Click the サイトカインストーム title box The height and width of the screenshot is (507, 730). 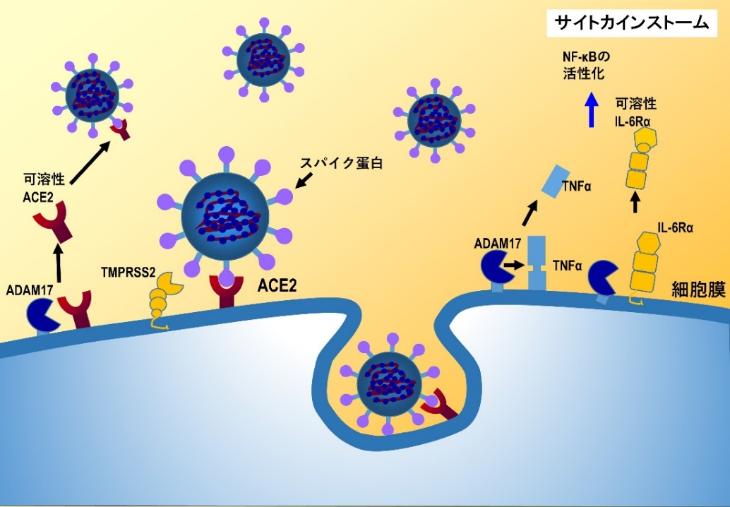[x=630, y=23]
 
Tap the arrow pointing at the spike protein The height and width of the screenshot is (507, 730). [x=303, y=182]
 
